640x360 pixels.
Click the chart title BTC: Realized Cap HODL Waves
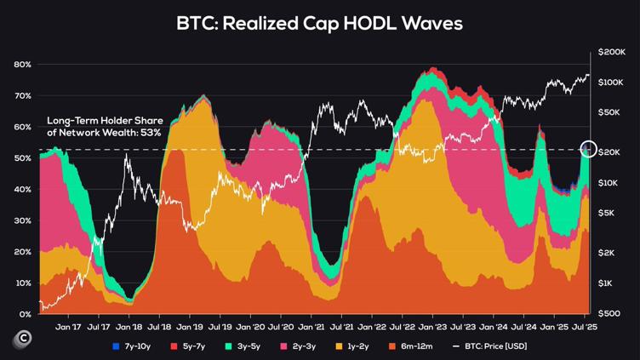320,23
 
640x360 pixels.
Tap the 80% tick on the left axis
23,65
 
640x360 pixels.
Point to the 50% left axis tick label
23,158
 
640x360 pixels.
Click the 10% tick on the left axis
23,283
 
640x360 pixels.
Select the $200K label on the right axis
610,53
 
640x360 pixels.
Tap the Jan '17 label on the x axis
68,326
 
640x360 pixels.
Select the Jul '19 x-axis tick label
220,326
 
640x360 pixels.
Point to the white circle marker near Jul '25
589,149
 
